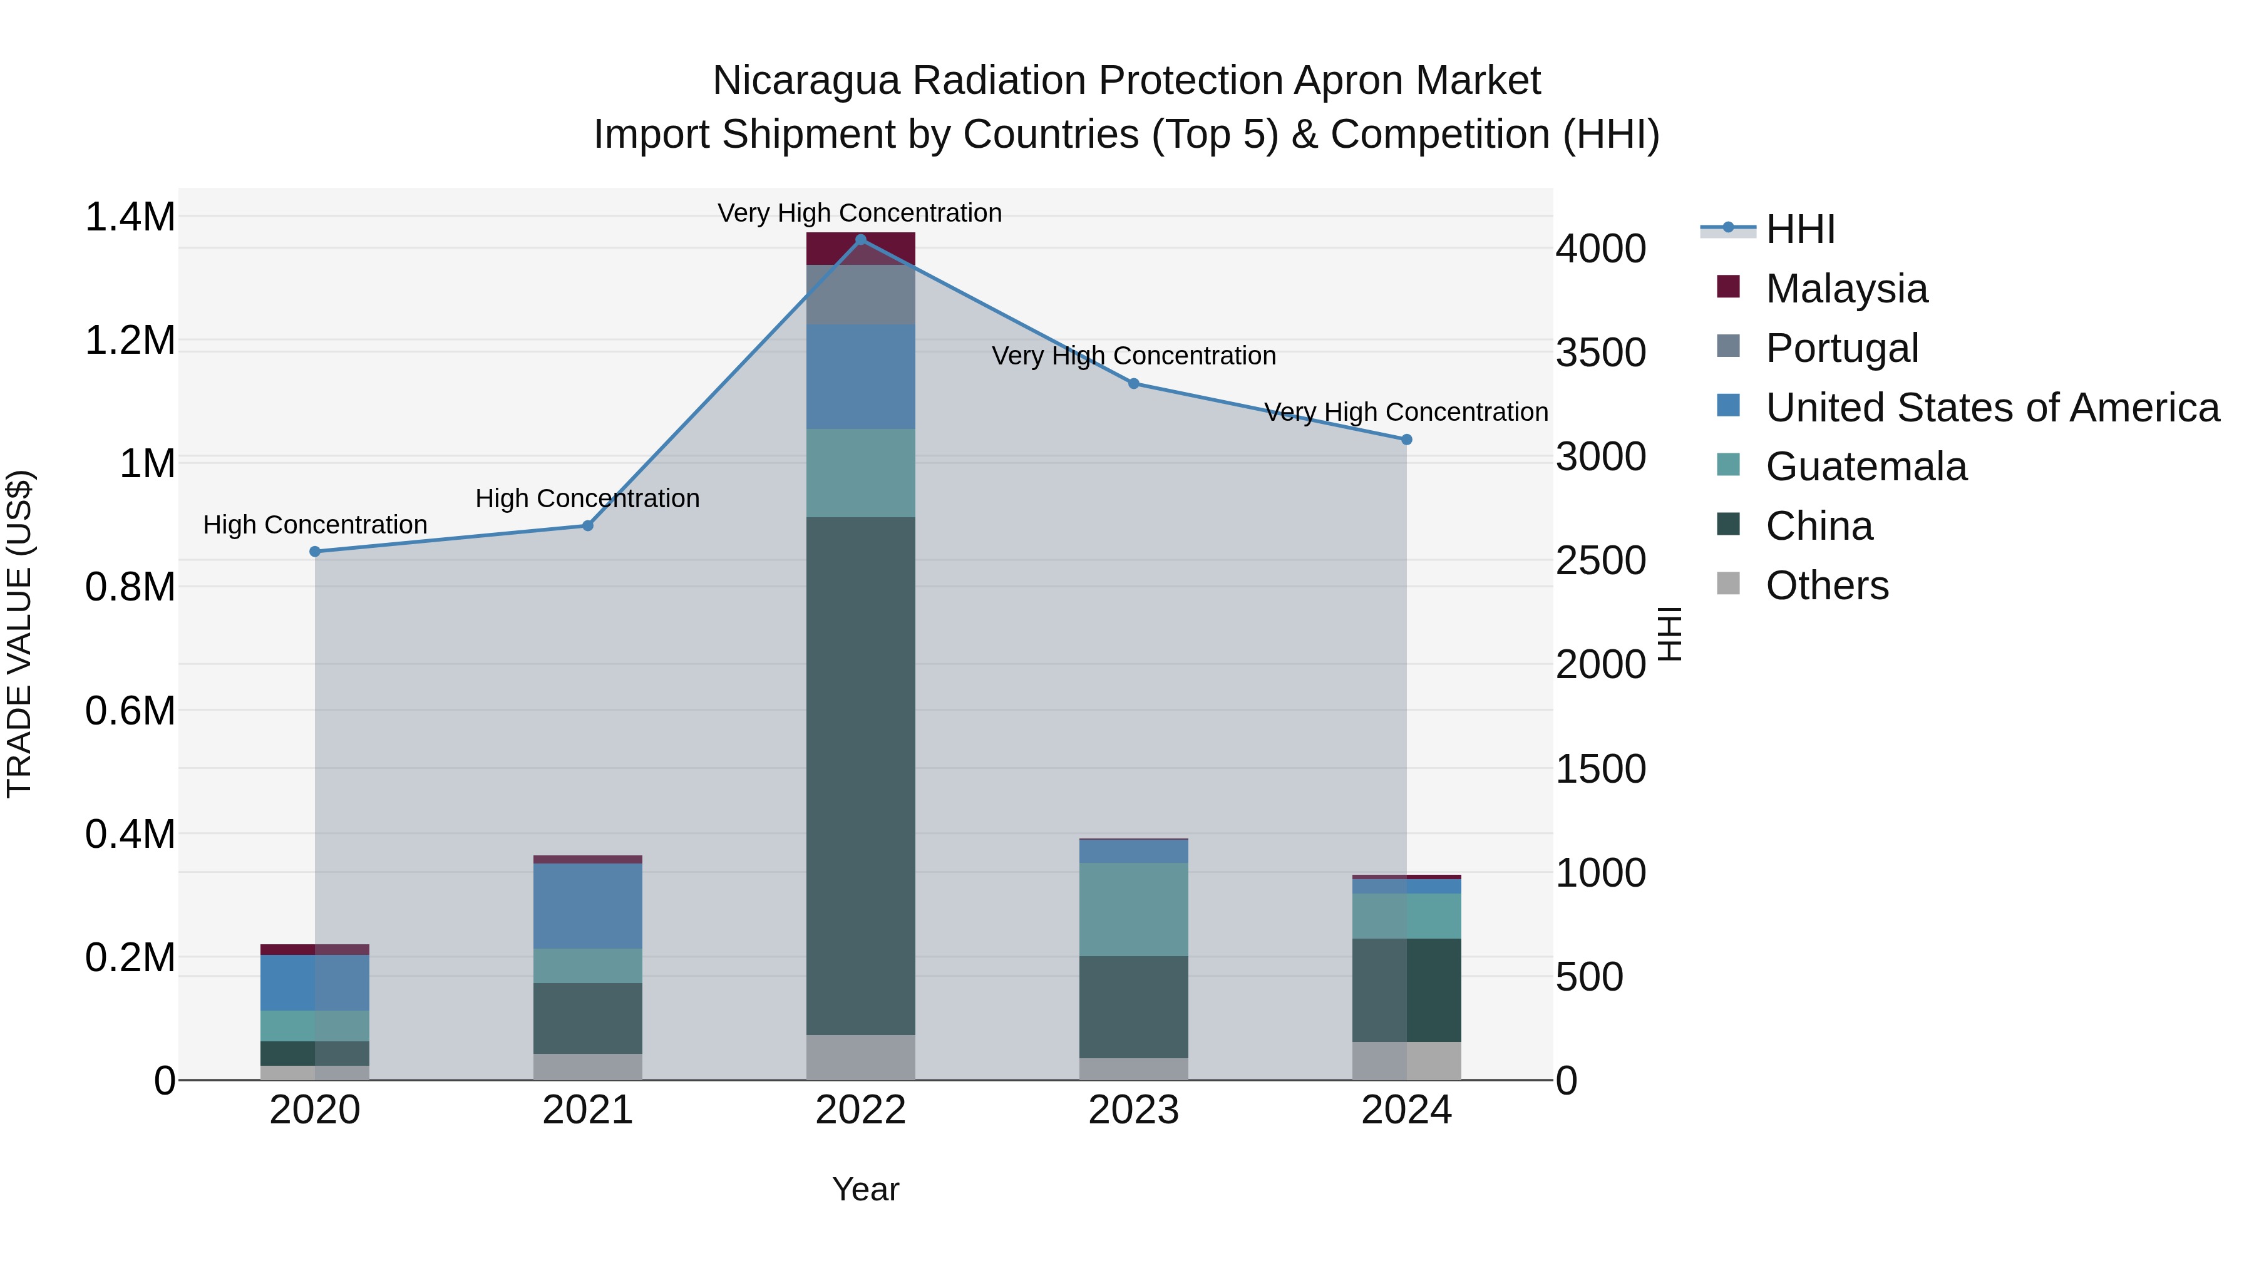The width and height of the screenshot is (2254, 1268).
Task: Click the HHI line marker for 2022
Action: pyautogui.click(x=860, y=240)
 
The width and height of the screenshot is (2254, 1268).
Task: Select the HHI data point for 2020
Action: pyautogui.click(x=315, y=551)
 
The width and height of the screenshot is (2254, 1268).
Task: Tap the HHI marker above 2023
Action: pyautogui.click(x=1133, y=383)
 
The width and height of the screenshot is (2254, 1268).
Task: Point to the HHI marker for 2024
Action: pyautogui.click(x=1406, y=440)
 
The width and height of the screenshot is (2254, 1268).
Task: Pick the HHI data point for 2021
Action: pyautogui.click(x=588, y=526)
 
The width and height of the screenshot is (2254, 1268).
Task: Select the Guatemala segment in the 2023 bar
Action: pyautogui.click(x=1133, y=909)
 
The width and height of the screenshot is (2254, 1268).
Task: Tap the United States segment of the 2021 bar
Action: pyautogui.click(x=588, y=905)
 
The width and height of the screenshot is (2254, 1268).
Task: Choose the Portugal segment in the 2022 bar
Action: pyautogui.click(x=860, y=295)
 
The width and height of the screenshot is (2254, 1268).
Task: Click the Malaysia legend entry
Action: pyautogui.click(x=1846, y=289)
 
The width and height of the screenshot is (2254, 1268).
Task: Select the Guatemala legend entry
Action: pyautogui.click(x=1866, y=466)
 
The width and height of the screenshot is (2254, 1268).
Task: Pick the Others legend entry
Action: pyautogui.click(x=1827, y=585)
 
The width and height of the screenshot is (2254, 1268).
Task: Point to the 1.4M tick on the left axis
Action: pyautogui.click(x=130, y=217)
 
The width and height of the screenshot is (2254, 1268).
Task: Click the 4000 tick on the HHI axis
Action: pyautogui.click(x=1600, y=249)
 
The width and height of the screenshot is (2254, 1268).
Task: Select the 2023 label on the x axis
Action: pyautogui.click(x=1133, y=1110)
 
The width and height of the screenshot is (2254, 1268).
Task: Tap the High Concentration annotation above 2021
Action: pyautogui.click(x=587, y=499)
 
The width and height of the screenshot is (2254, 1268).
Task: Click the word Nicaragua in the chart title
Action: pyautogui.click(x=805, y=81)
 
